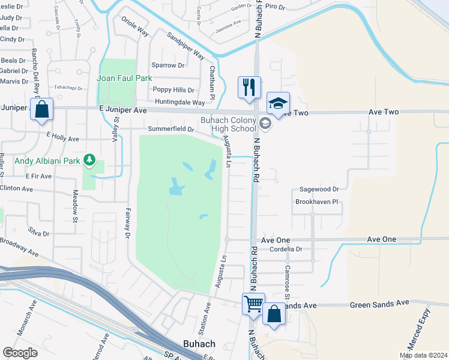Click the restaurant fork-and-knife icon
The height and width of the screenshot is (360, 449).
248,86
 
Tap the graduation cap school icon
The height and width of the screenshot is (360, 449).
278,103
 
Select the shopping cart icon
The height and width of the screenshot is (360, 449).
253,304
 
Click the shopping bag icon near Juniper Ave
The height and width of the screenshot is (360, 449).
42,109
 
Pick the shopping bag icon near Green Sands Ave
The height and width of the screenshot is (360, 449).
274,314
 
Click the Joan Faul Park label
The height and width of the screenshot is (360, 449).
125,78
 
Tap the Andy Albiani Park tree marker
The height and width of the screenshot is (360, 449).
89,159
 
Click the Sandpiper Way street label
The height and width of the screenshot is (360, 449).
186,46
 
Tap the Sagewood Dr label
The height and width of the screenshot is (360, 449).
319,189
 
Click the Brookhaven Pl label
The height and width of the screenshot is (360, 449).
318,202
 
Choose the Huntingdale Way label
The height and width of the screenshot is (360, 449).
178,103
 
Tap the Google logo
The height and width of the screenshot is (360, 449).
20,352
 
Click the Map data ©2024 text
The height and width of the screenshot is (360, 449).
423,355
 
